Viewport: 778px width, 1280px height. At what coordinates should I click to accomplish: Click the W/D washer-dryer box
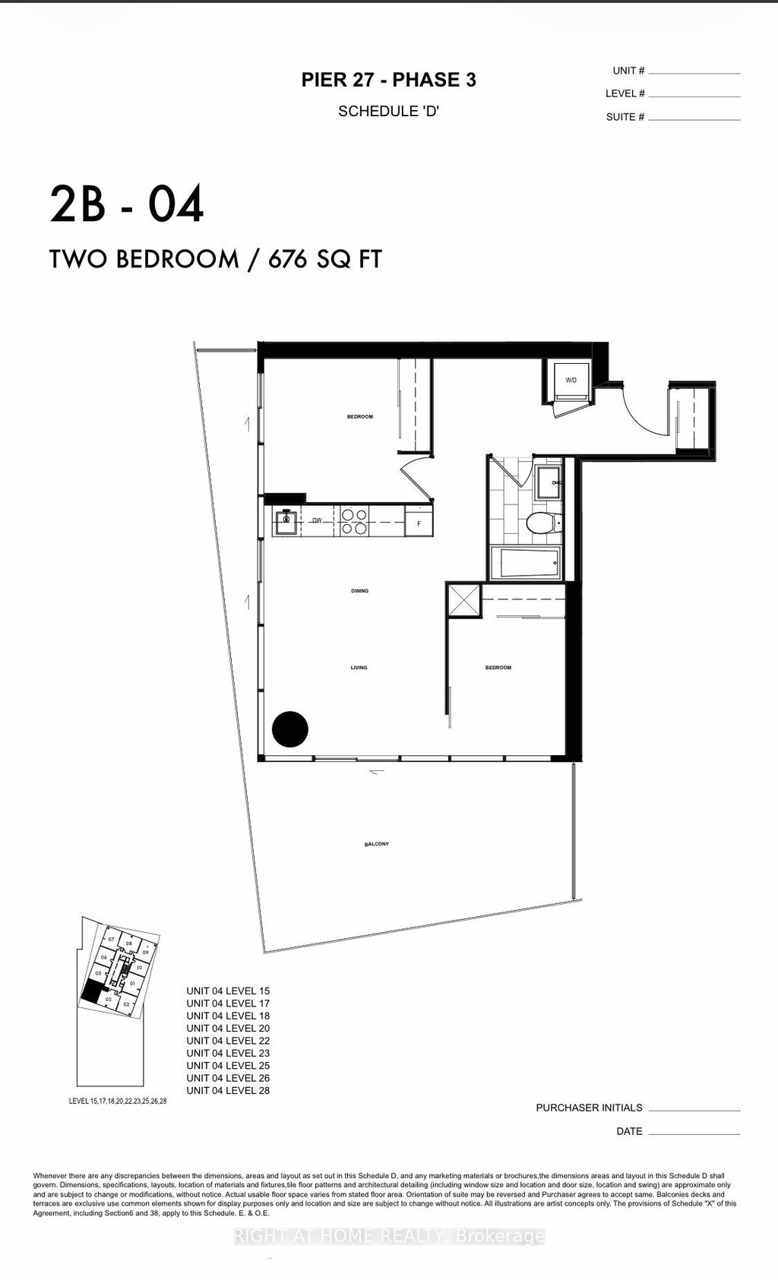(x=570, y=380)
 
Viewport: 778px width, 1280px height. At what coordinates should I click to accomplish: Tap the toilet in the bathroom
(x=542, y=523)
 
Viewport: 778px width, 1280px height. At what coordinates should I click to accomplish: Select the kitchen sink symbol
(x=286, y=522)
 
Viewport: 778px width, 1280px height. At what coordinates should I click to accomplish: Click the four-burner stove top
(x=353, y=520)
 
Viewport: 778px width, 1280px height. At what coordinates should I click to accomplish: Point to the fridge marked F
(x=419, y=523)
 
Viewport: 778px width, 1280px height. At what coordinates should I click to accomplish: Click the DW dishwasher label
(x=317, y=521)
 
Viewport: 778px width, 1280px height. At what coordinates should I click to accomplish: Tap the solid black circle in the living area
(x=290, y=729)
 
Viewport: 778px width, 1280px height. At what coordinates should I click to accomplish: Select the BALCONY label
(x=377, y=844)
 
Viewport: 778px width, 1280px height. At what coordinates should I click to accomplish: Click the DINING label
(x=359, y=591)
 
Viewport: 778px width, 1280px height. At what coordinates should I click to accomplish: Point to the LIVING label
(x=359, y=668)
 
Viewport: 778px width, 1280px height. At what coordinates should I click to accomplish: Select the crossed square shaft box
(x=463, y=601)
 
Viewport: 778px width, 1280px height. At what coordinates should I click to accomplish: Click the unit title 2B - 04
(x=127, y=204)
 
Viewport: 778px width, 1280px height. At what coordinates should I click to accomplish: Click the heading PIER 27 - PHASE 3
(x=388, y=80)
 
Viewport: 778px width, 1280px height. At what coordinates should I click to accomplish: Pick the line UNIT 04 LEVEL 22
(x=228, y=1041)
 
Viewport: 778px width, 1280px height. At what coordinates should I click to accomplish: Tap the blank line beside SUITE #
(x=694, y=119)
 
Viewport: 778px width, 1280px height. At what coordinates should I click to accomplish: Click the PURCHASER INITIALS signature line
(x=694, y=1110)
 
